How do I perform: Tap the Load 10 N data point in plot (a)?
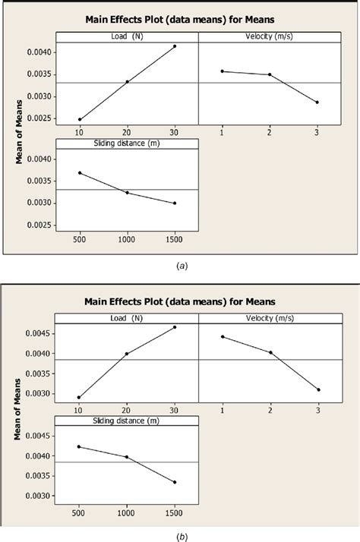click(79, 119)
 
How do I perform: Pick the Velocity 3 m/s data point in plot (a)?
click(317, 102)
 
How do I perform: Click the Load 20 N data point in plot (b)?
click(127, 353)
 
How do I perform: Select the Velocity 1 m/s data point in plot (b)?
click(223, 336)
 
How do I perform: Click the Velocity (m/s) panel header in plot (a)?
click(270, 37)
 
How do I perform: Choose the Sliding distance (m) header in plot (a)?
click(127, 143)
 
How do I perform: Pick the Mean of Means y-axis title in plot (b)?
click(19, 410)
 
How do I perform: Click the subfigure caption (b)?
click(179, 535)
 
